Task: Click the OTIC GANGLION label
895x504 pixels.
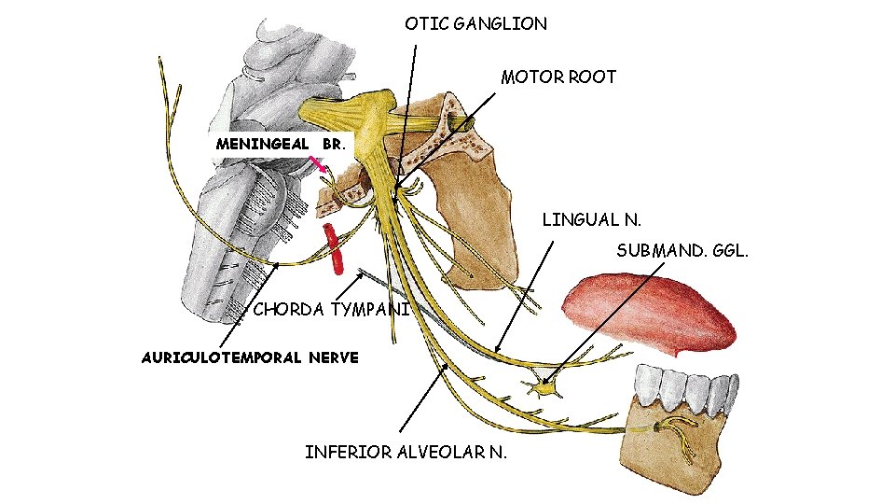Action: pos(475,24)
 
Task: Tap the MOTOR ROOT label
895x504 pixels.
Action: pos(558,77)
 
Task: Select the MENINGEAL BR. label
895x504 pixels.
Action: pos(280,145)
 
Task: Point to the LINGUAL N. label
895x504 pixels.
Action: pos(592,220)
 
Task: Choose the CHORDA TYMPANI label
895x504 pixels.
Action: pos(331,310)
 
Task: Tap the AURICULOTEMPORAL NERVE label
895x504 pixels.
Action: pos(249,357)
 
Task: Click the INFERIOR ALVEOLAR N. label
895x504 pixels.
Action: pos(406,453)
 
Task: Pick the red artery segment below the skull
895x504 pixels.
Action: pos(333,246)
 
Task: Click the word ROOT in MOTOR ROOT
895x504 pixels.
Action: pos(596,77)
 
